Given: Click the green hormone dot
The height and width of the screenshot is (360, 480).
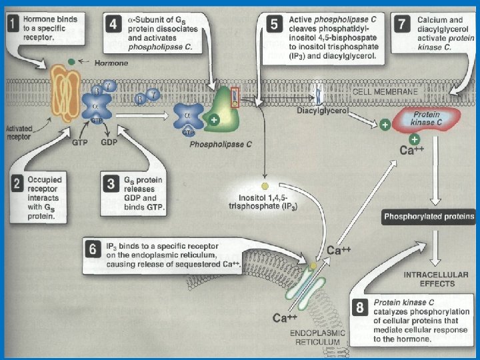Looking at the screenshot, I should pyautogui.click(x=71, y=61).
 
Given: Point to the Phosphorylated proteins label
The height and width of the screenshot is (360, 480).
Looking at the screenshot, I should pyautogui.click(x=429, y=217).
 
